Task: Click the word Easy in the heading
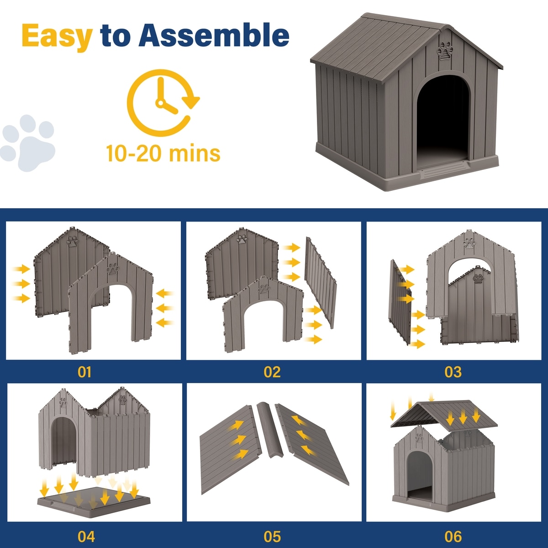tap(57, 37)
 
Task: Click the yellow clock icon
tap(163, 103)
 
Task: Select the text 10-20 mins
tap(163, 153)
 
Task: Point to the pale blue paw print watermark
tap(27, 143)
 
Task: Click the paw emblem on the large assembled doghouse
tap(445, 51)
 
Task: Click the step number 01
tap(84, 372)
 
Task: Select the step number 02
tap(272, 372)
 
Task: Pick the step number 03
tap(453, 372)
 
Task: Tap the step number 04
tap(86, 537)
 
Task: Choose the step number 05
tap(272, 537)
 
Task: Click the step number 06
tap(453, 537)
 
